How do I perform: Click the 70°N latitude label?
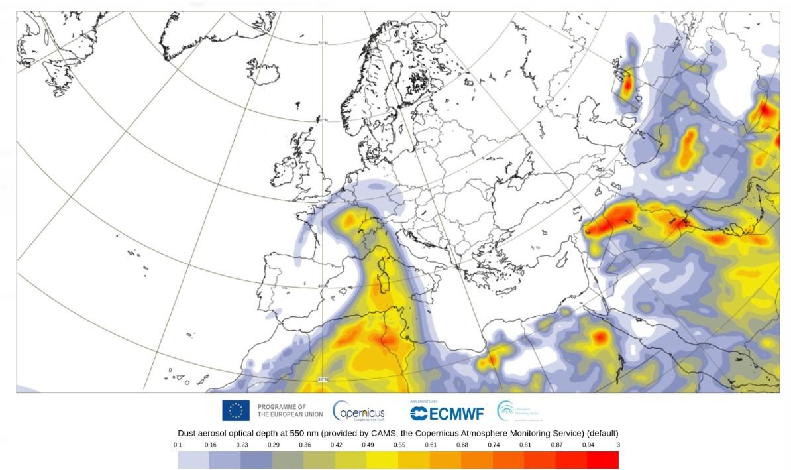click(x=323, y=44)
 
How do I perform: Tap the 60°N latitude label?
click(x=323, y=121)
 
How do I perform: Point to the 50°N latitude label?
click(x=323, y=200)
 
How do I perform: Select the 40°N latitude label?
click(x=323, y=286)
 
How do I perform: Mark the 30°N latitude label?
click(x=323, y=379)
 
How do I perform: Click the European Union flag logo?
click(x=236, y=411)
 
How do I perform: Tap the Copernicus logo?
click(x=358, y=411)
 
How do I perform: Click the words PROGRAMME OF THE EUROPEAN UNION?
click(x=290, y=411)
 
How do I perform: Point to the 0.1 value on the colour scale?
click(x=178, y=445)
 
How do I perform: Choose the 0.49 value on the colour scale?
click(x=366, y=445)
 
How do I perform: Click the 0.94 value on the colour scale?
click(x=587, y=445)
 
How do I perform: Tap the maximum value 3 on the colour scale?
click(x=618, y=445)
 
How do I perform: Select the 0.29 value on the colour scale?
click(x=272, y=445)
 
